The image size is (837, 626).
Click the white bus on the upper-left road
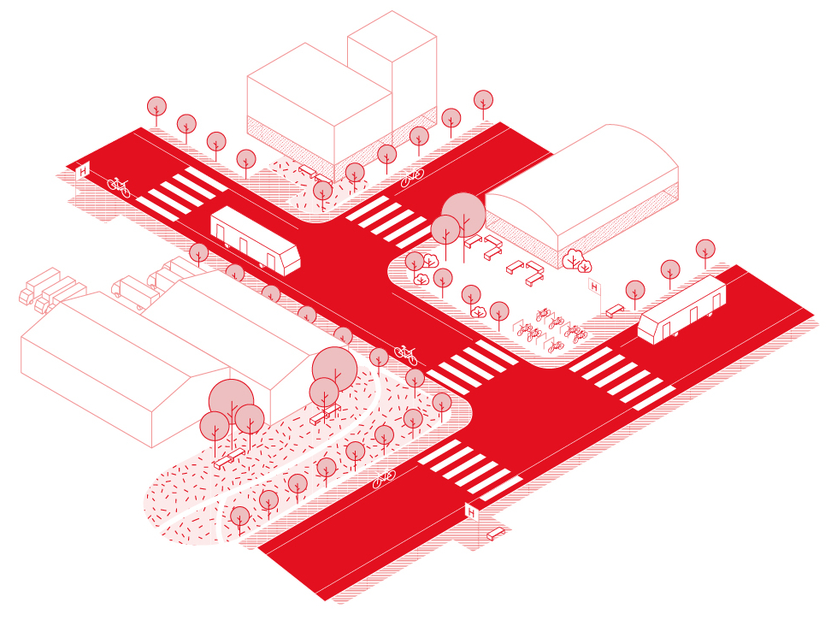pyautogui.click(x=255, y=239)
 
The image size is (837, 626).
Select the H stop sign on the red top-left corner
pyautogui.click(x=83, y=171)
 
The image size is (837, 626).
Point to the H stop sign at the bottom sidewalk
pyautogui.click(x=470, y=512)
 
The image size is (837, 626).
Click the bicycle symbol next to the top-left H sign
pyautogui.click(x=119, y=186)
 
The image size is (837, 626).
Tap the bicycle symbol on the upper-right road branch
pyautogui.click(x=412, y=178)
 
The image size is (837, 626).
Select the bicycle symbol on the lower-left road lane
pyautogui.click(x=384, y=478)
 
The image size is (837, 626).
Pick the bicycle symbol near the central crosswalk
pyautogui.click(x=405, y=353)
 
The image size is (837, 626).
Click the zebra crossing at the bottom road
pyautogui.click(x=470, y=471)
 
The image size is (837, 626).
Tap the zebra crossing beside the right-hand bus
pyautogui.click(x=622, y=376)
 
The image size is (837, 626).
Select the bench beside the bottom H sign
pyautogui.click(x=496, y=534)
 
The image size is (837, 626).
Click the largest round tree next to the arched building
pyautogui.click(x=463, y=211)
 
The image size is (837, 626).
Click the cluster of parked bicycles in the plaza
pyautogui.click(x=551, y=329)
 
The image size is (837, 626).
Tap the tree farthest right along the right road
pyautogui.click(x=705, y=250)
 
